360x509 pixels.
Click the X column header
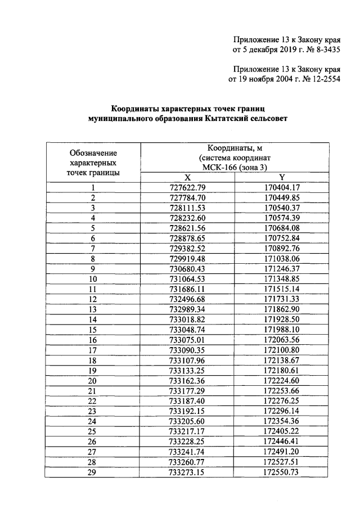pos(187,177)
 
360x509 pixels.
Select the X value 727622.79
pos(187,187)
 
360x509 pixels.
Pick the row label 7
pos(93,248)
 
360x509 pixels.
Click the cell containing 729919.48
pos(187,258)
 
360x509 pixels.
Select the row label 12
pos(93,299)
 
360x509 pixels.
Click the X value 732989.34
pos(187,309)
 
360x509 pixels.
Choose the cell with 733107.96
pos(187,359)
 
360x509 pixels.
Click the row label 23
pos(93,410)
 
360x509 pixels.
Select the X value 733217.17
pos(187,430)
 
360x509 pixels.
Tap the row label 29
pos(93,471)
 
